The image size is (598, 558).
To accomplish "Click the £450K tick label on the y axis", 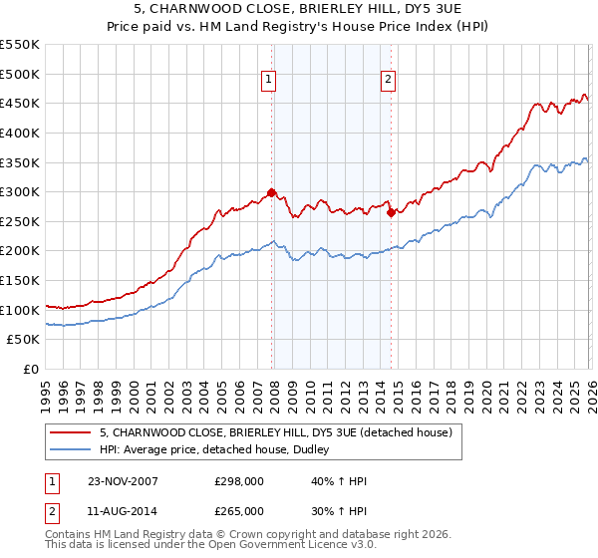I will (20, 103).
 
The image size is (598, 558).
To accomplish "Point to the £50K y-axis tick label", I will (23, 340).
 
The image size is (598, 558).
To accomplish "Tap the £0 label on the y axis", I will (30, 370).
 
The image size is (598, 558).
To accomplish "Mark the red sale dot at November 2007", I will (272, 193).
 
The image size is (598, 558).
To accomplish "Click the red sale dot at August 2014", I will (391, 212).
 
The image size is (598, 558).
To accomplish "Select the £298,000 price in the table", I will (239, 481).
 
